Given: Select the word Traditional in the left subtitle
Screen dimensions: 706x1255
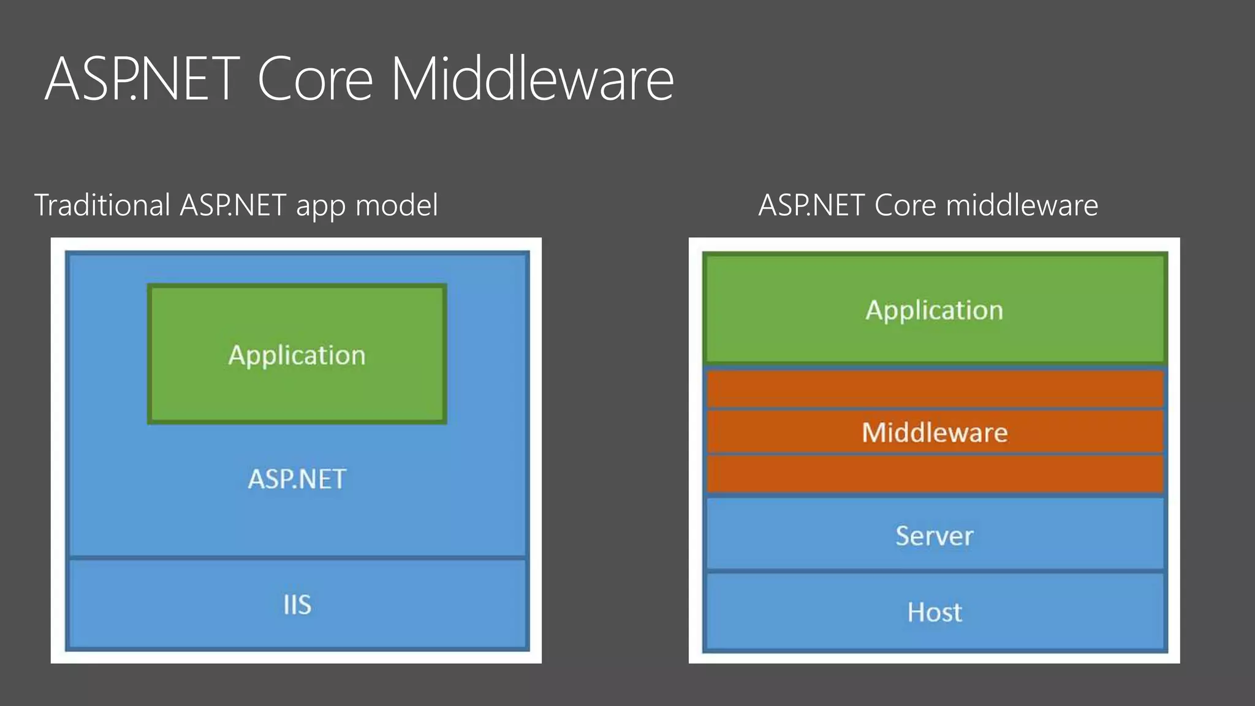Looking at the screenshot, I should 102,205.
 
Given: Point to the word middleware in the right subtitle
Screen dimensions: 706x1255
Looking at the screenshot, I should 1022,205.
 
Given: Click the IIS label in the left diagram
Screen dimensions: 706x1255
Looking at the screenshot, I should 297,605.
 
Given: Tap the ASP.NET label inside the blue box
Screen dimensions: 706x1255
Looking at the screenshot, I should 297,479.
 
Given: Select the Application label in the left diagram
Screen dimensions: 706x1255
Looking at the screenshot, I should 297,355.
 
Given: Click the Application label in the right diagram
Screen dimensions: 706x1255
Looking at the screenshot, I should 935,310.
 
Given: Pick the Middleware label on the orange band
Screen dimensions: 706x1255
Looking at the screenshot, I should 935,433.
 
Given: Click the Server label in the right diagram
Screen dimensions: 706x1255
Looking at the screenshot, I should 935,536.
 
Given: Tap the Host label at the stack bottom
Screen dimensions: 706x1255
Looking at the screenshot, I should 935,612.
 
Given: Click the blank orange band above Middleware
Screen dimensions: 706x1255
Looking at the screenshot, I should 935,389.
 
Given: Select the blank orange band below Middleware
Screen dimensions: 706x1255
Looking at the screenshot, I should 935,474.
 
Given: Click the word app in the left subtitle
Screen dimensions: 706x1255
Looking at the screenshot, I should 319,206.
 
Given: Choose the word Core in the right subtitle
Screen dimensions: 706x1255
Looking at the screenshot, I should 905,205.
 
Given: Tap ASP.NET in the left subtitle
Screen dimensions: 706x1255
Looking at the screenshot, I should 233,205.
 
